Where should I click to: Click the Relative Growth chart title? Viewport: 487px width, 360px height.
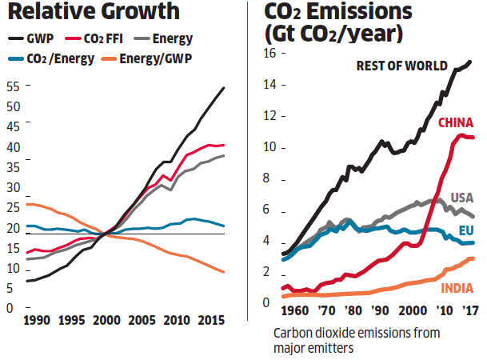[90, 14]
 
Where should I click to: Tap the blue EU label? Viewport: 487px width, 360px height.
[466, 230]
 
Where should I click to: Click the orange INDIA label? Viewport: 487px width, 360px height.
[457, 288]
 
